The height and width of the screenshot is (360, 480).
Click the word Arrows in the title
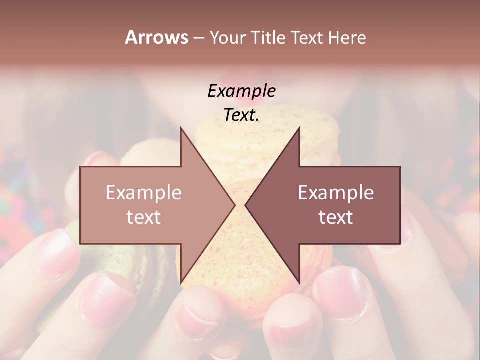pos(156,37)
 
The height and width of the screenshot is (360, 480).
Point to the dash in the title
pos(198,38)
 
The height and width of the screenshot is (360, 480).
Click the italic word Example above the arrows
pos(241,91)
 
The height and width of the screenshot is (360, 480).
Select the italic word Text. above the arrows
pos(241,115)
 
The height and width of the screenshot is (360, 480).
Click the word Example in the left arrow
pos(143,192)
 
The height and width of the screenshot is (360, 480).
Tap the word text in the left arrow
pos(143,217)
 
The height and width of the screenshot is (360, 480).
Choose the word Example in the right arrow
pos(336,192)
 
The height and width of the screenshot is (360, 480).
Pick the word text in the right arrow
pos(336,217)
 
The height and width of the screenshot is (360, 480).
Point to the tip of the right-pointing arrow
pos(234,205)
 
